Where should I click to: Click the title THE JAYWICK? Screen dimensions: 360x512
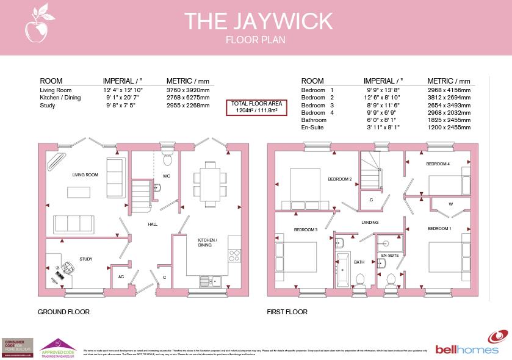pyautogui.click(x=258, y=21)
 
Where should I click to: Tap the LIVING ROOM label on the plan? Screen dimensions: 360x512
pyautogui.click(x=85, y=175)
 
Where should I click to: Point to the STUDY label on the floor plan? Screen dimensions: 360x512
pyautogui.click(x=86, y=259)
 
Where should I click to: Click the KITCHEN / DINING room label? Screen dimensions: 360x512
pyautogui.click(x=204, y=243)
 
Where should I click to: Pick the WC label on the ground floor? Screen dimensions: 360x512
pyautogui.click(x=165, y=176)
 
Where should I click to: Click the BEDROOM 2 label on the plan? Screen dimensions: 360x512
pyautogui.click(x=340, y=179)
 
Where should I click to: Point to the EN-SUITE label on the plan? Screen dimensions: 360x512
pyautogui.click(x=389, y=255)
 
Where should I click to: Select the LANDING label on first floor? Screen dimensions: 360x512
pyautogui.click(x=370, y=223)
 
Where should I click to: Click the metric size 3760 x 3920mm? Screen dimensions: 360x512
pyautogui.click(x=188, y=90)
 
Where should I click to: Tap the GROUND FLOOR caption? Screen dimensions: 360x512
pyautogui.click(x=63, y=312)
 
